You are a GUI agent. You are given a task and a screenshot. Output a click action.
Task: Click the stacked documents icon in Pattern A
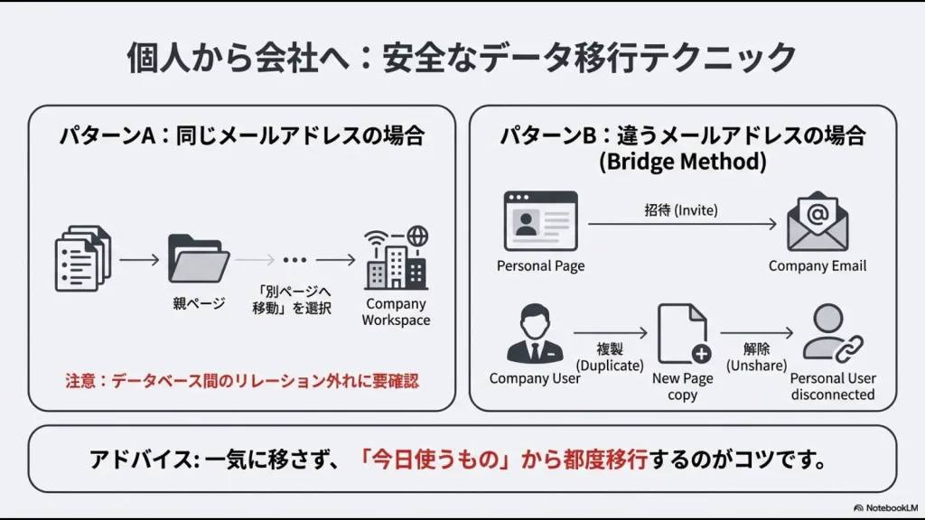(x=83, y=258)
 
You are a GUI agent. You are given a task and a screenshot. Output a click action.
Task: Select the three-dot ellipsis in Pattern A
(x=295, y=260)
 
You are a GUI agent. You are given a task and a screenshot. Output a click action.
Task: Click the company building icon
(x=396, y=258)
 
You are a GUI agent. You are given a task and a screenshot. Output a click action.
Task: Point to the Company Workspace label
(x=396, y=312)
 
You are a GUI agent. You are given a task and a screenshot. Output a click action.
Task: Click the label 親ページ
(x=199, y=304)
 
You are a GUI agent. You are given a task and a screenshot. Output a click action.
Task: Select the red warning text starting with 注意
(x=242, y=381)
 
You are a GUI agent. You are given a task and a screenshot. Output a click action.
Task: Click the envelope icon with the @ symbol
(x=818, y=222)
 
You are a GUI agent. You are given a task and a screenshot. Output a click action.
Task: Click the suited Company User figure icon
(x=534, y=334)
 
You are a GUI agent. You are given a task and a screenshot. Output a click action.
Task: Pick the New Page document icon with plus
(x=684, y=334)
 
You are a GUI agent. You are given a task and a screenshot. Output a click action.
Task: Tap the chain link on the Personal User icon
(x=848, y=348)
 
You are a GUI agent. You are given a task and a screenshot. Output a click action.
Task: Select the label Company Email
(x=818, y=265)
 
